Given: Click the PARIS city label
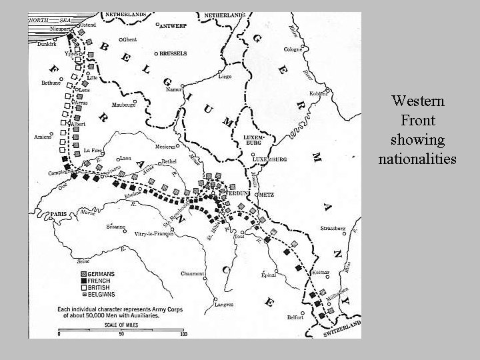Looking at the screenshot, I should pos(59,214).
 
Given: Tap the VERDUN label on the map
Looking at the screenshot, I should pos(237,193).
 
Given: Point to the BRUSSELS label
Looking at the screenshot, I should pos(172,53).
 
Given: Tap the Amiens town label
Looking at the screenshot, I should pos(43,137).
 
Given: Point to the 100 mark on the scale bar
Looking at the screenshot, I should pos(184,334).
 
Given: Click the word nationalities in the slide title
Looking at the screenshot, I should pos(417,159).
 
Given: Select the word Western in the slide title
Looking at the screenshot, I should pos(418,101).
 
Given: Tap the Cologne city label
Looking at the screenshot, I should pos(293,49).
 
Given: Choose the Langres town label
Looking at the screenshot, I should pos(224,305).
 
